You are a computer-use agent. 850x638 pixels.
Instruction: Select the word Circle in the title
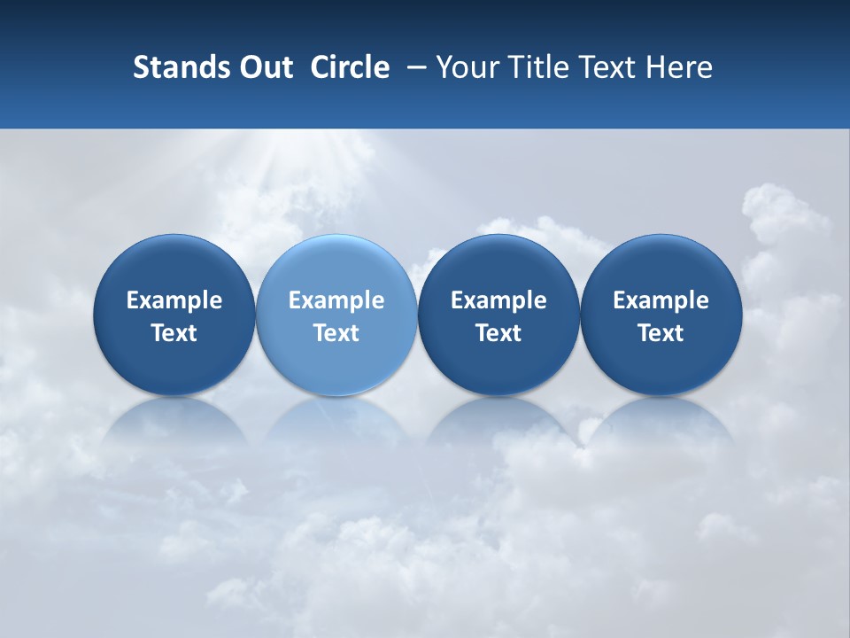[x=350, y=67]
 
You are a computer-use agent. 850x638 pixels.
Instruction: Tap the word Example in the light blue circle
[x=336, y=300]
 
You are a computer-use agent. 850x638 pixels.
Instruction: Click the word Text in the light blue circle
[x=336, y=333]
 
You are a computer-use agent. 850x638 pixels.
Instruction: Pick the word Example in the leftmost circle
[x=174, y=300]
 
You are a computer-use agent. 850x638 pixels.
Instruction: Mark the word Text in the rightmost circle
[x=661, y=333]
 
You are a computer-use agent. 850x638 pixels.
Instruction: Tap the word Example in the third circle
[x=498, y=300]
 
